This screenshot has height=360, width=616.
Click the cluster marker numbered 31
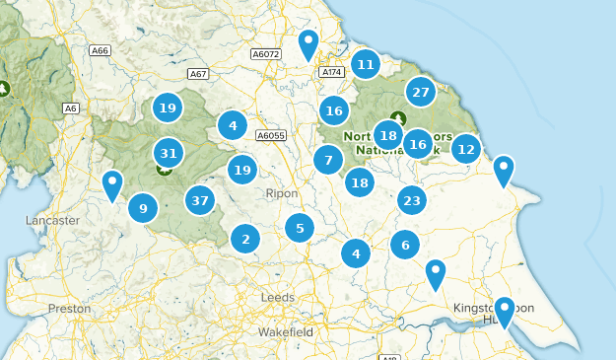tap(169, 153)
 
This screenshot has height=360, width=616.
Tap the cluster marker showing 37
tap(201, 200)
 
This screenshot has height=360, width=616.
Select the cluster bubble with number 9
tap(143, 208)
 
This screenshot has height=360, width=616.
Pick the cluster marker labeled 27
tap(421, 93)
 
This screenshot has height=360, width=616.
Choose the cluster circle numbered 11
tap(366, 65)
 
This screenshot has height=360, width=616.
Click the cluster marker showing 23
tap(412, 200)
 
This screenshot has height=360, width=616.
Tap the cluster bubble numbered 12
tap(466, 150)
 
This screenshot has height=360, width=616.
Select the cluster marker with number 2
tap(245, 238)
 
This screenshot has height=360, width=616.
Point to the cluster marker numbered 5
tap(300, 229)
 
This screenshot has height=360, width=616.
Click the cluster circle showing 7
tap(328, 160)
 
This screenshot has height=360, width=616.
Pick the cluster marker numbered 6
tap(405, 245)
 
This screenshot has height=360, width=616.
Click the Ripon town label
tap(282, 194)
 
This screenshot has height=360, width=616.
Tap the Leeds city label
tap(277, 297)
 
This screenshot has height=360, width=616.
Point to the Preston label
tap(69, 309)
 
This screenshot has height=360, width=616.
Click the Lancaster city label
tap(52, 221)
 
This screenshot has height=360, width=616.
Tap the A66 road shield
tap(99, 50)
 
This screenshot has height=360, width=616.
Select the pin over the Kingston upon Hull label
tap(505, 311)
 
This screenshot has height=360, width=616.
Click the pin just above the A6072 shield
tap(309, 43)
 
